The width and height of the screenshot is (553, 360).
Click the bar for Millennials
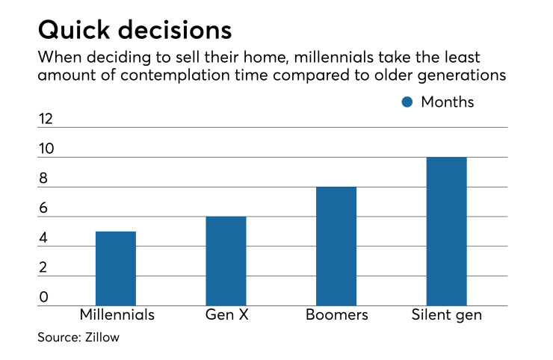[116, 268]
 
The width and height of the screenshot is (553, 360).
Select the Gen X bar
[226, 261]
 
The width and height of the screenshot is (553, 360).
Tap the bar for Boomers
[336, 246]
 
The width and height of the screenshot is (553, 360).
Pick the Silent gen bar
[446, 231]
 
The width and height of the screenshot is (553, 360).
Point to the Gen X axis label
[226, 314]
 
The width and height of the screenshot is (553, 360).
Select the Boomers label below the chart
[336, 314]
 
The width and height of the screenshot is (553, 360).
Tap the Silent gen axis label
[446, 314]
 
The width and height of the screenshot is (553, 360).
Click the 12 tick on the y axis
[46, 119]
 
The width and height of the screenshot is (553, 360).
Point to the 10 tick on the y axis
[46, 149]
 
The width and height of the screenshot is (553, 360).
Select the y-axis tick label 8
[43, 179]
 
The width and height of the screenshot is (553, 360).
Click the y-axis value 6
[43, 208]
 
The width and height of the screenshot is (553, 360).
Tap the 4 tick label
[43, 238]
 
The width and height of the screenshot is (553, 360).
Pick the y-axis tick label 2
[43, 267]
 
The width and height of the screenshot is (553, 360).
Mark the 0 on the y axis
[43, 297]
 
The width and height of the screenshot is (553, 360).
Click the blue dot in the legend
[407, 102]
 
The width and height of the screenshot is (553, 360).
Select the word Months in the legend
[447, 102]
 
